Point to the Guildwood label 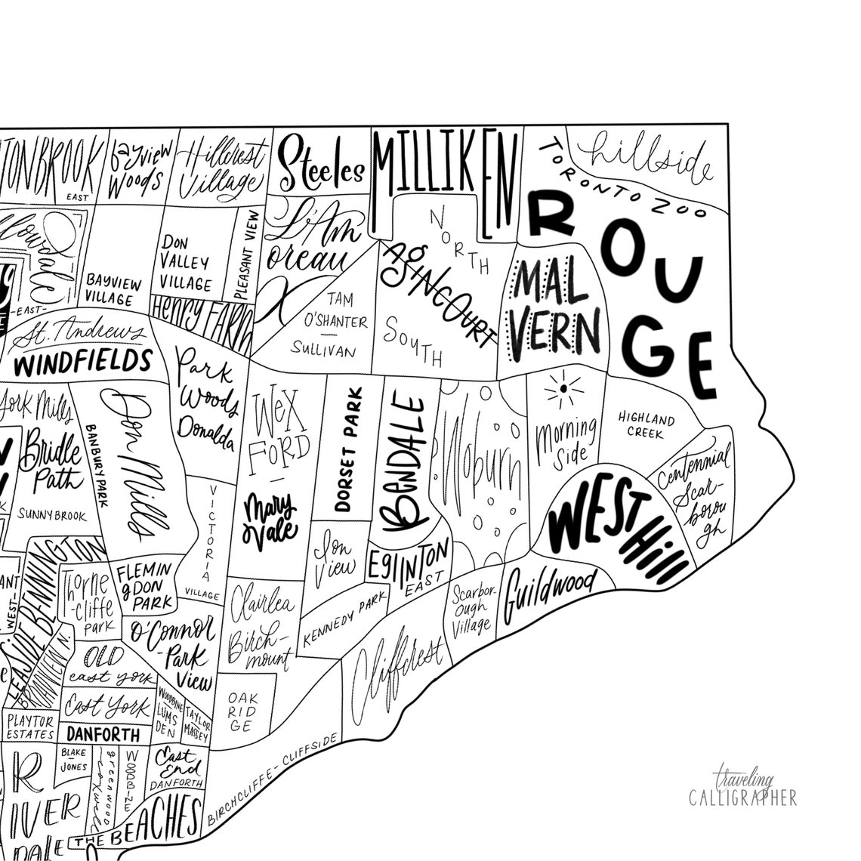[x=550, y=590]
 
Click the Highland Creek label [x=646, y=426]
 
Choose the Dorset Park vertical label [x=348, y=449]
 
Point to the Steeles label [x=321, y=166]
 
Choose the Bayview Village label [x=113, y=290]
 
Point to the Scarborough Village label [x=473, y=608]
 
